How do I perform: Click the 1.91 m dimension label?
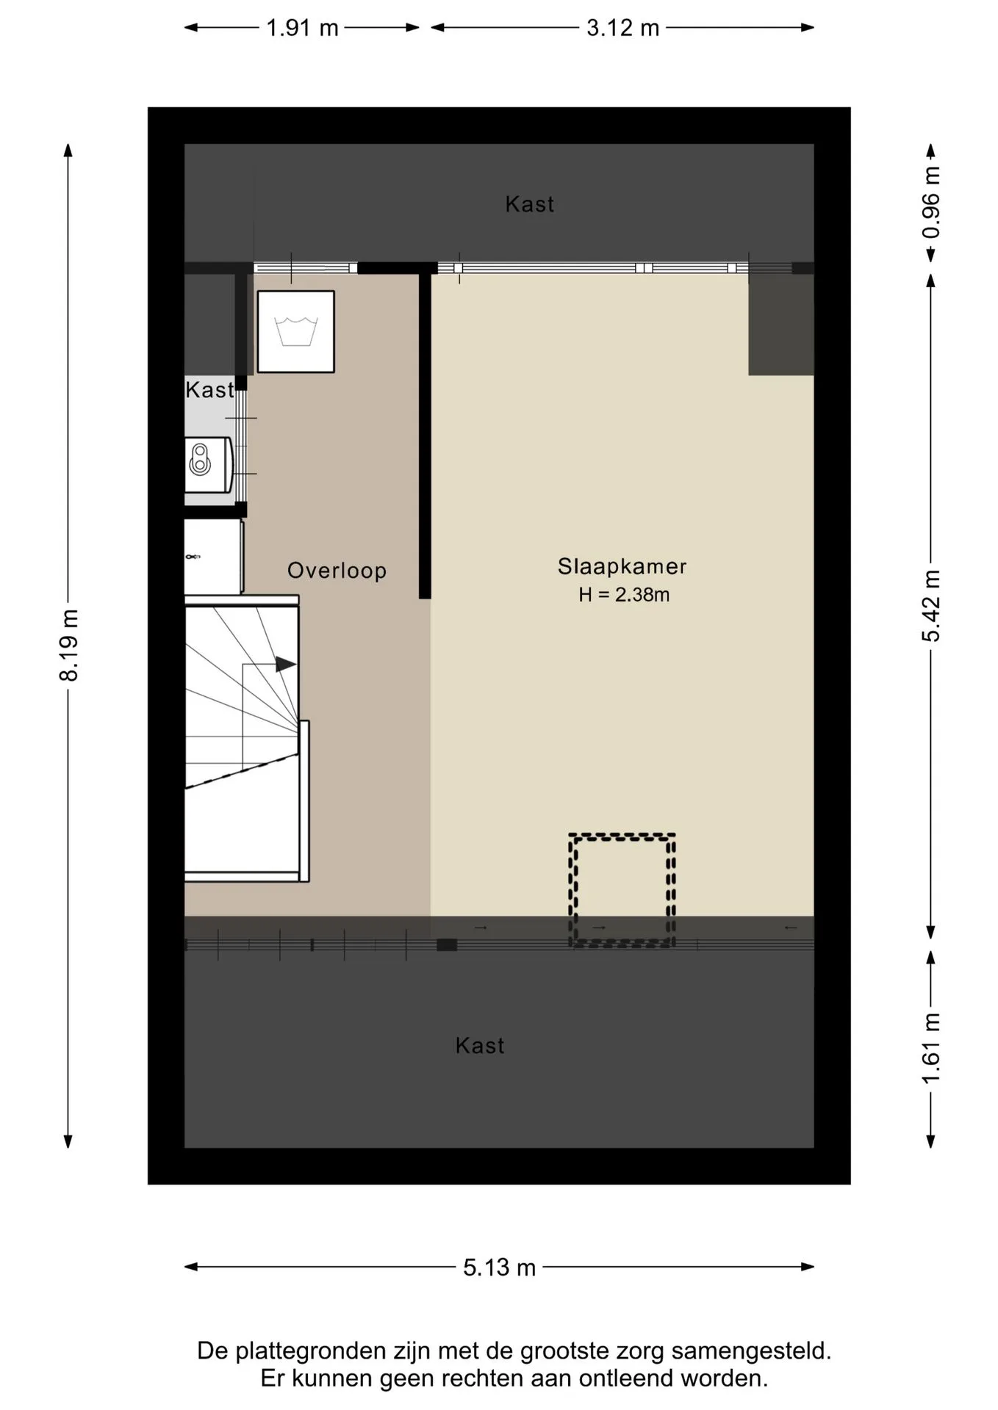(302, 28)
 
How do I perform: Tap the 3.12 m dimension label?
(622, 28)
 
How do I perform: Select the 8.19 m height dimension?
(68, 645)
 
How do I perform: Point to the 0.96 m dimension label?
(930, 203)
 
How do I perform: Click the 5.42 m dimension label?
(930, 606)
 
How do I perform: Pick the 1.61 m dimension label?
(930, 1048)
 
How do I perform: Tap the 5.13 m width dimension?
(499, 1268)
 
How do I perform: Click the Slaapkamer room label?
(622, 566)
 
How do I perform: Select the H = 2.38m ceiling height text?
(624, 594)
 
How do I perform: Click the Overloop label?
(337, 571)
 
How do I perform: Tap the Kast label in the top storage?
(529, 204)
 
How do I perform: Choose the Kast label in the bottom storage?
(480, 1046)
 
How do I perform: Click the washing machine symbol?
(295, 331)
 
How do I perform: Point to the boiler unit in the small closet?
(209, 464)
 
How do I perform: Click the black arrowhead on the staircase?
(286, 665)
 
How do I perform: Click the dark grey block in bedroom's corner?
(781, 325)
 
